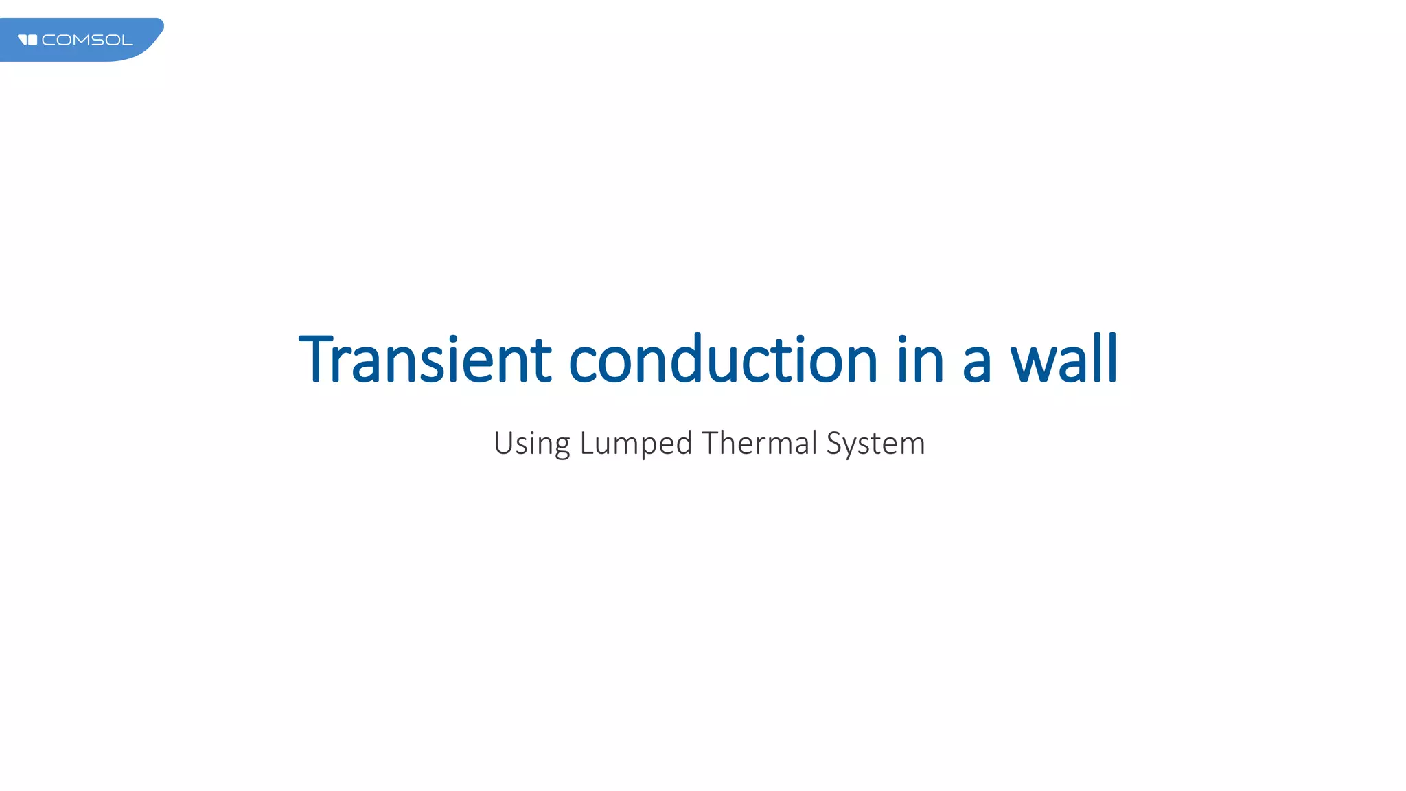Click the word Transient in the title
[x=425, y=360]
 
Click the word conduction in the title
[x=723, y=360]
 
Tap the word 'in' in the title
[x=921, y=360]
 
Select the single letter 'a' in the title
[x=977, y=364]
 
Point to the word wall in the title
[x=1064, y=360]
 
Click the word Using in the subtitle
[x=531, y=444]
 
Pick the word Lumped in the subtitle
[x=636, y=444]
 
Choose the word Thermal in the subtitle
[x=759, y=442]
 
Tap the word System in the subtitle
[x=875, y=444]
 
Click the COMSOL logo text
[x=87, y=41]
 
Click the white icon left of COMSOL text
[x=27, y=40]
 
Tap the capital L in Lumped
[x=586, y=442]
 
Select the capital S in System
[x=834, y=442]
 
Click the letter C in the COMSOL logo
[x=47, y=41]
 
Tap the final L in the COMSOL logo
[x=128, y=41]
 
